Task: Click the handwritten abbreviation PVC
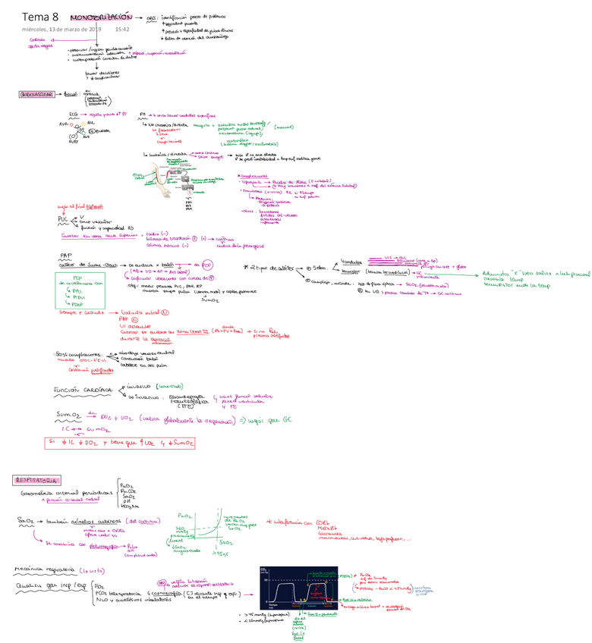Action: tap(63, 219)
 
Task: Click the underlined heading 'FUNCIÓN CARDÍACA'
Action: tap(83, 390)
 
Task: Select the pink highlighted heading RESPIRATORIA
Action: tap(38, 480)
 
